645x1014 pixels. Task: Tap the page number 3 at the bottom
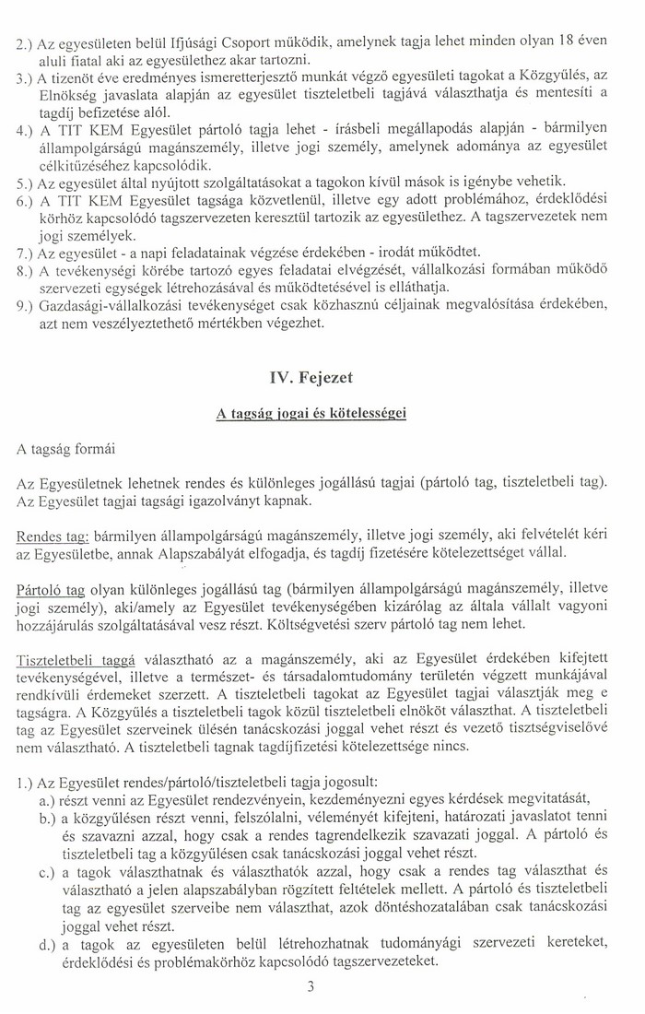click(312, 989)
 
